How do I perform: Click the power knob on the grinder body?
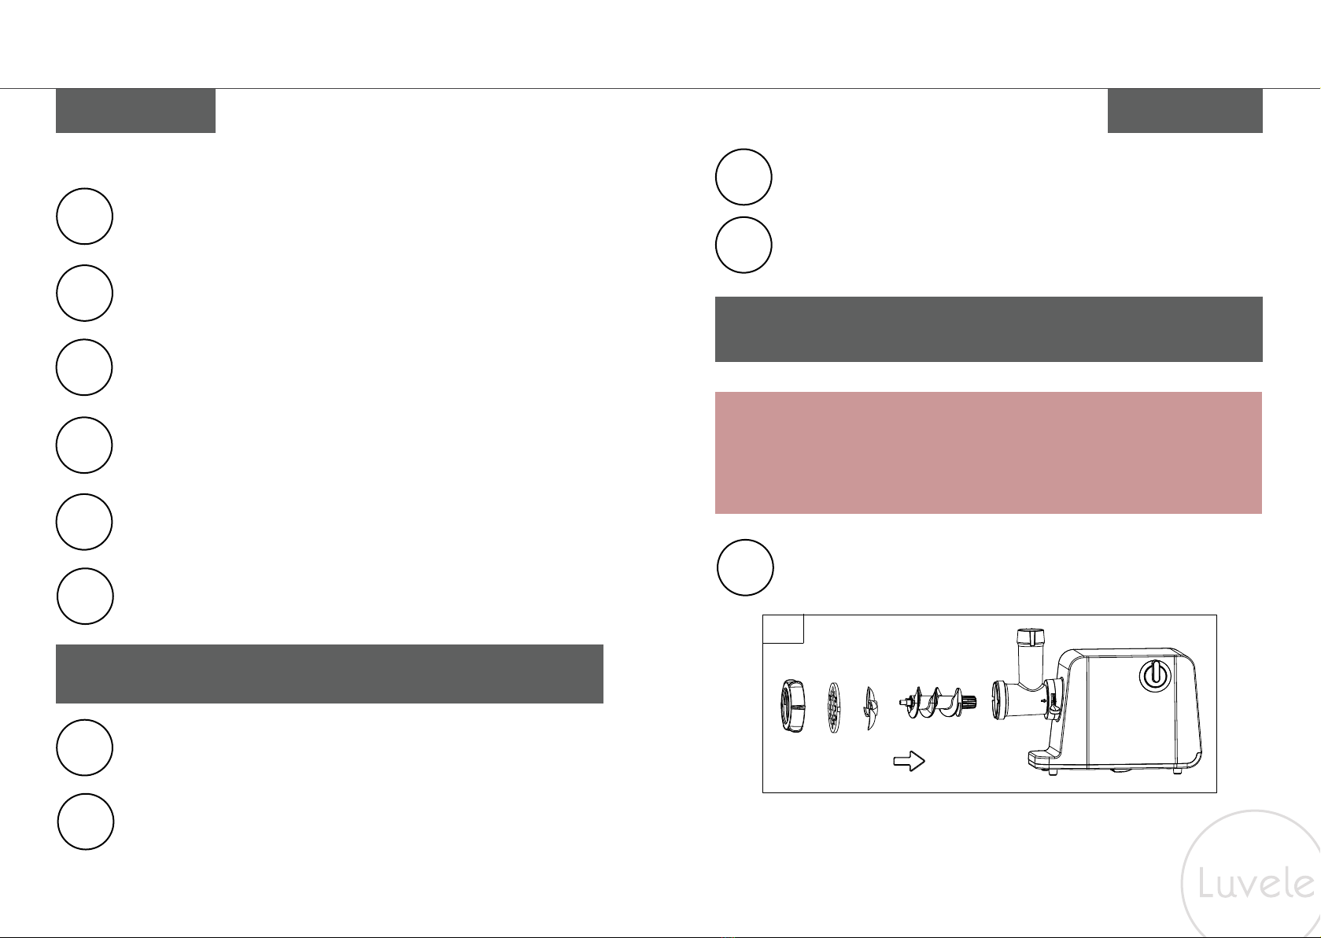coord(1153,675)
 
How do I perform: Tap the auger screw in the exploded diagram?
coord(938,702)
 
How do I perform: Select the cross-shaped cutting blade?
coord(870,708)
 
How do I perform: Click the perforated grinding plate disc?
coord(833,707)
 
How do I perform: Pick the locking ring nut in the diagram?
coord(792,706)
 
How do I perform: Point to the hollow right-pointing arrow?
coord(909,761)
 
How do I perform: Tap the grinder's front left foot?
coord(1053,772)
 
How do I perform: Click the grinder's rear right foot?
coord(1177,770)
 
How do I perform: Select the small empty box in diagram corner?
coord(783,629)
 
